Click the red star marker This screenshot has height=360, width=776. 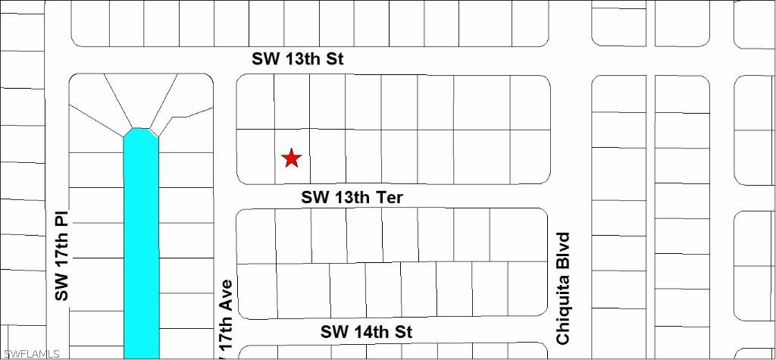click(x=292, y=158)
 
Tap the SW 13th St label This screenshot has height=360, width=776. click(x=298, y=59)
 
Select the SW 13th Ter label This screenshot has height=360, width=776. click(x=352, y=198)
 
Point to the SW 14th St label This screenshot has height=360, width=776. click(x=366, y=332)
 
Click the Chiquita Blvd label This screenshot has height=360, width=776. click(x=563, y=288)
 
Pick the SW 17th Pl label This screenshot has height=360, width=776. click(x=62, y=255)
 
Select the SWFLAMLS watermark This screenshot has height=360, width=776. click(x=31, y=353)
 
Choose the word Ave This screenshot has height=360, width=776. click(x=225, y=296)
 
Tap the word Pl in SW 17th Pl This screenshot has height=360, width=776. click(x=62, y=219)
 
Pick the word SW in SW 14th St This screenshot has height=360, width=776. click(x=334, y=332)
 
